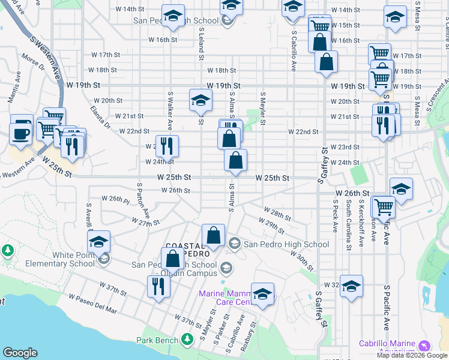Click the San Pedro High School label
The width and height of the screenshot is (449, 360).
(x=286, y=244)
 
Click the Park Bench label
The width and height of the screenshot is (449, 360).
(x=155, y=340)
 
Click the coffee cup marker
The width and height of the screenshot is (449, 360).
(x=21, y=133)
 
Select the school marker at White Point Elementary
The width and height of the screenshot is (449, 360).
(x=98, y=242)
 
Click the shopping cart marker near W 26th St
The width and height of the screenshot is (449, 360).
(x=384, y=207)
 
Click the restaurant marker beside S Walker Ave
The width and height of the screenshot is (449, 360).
(x=167, y=145)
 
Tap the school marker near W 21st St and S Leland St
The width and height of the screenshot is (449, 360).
(x=200, y=100)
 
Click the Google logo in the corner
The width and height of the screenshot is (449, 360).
(x=20, y=353)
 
